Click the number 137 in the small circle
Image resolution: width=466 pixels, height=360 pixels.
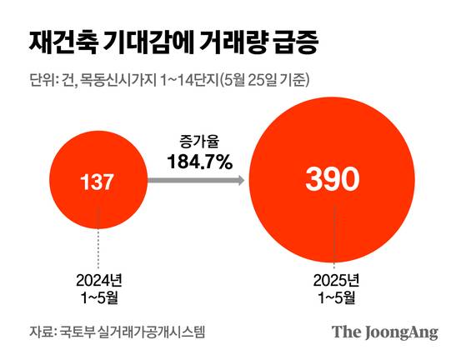[x=98, y=181]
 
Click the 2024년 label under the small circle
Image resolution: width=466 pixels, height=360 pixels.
[x=98, y=278]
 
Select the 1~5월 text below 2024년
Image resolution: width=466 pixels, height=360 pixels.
[x=98, y=295]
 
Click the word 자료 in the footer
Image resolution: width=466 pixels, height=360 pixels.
[x=39, y=331]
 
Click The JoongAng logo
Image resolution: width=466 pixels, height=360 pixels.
[x=384, y=331]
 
